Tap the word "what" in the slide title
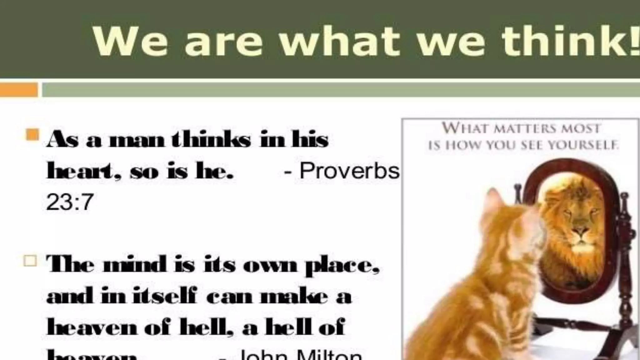340,41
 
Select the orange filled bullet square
32,135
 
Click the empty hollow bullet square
30,260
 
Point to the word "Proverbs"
349,171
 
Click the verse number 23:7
70,202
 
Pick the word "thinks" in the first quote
211,139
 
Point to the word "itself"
165,296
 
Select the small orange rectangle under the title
19,90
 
